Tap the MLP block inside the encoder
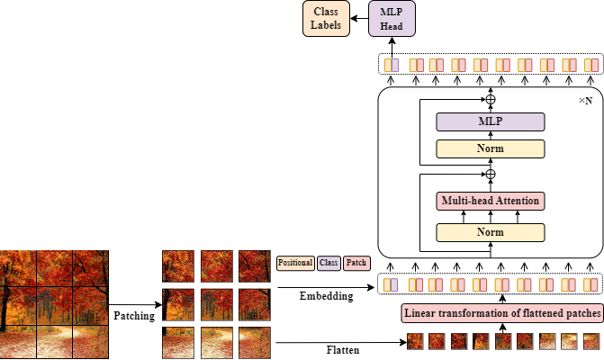pyautogui.click(x=491, y=121)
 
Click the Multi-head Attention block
pyautogui.click(x=491, y=201)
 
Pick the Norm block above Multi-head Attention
pyautogui.click(x=491, y=148)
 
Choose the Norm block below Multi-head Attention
pyautogui.click(x=491, y=232)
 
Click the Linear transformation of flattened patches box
pyautogui.click(x=500, y=313)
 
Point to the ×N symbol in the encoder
pyautogui.click(x=585, y=101)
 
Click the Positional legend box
pyautogui.click(x=295, y=263)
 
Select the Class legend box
pyautogui.click(x=329, y=263)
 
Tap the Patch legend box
pyautogui.click(x=356, y=263)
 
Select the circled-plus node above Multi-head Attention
pyautogui.click(x=491, y=174)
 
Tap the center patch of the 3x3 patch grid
pyautogui.click(x=217, y=304)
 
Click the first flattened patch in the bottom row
pyautogui.click(x=416, y=341)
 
